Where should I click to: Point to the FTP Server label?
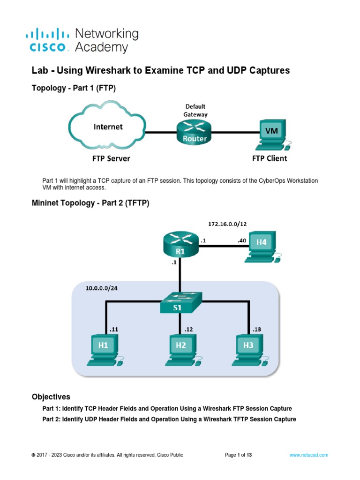[111, 158]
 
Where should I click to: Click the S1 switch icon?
[180, 304]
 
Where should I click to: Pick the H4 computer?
[262, 246]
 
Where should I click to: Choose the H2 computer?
[181, 348]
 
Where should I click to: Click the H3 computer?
[248, 348]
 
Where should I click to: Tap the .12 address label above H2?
[188, 329]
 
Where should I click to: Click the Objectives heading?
[51, 397]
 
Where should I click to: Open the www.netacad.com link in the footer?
[308, 455]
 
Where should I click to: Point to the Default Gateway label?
[195, 110]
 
